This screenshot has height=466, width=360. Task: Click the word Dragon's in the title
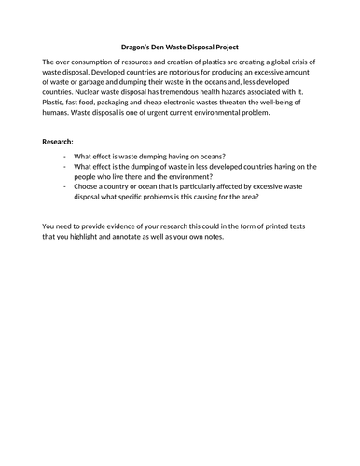coord(138,43)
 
